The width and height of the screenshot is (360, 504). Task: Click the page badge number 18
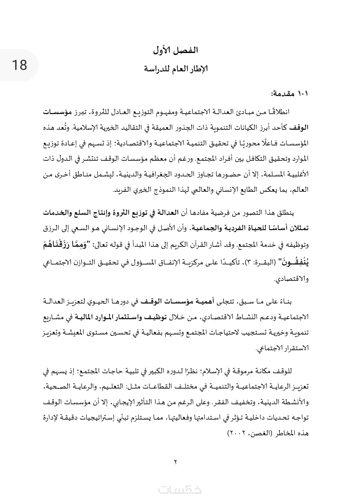19,65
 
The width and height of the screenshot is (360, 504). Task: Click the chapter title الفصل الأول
176,51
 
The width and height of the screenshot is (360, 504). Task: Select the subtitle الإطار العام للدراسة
176,69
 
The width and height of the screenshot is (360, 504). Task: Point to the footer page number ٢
176,462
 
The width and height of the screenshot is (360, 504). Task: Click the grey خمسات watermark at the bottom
180,490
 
